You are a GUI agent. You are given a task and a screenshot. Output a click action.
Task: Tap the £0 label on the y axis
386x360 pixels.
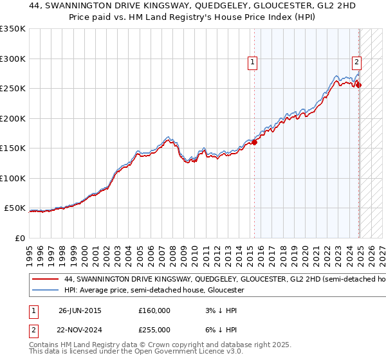(20, 238)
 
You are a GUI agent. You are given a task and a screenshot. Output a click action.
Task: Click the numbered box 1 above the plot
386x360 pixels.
(252, 62)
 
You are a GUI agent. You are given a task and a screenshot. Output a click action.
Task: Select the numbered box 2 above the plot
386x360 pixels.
(356, 62)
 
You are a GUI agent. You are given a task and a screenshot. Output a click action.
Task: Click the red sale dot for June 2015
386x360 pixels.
(254, 142)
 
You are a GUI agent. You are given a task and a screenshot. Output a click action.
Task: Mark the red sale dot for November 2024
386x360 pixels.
(358, 85)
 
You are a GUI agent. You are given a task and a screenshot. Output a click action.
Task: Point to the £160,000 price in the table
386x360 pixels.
(154, 310)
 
